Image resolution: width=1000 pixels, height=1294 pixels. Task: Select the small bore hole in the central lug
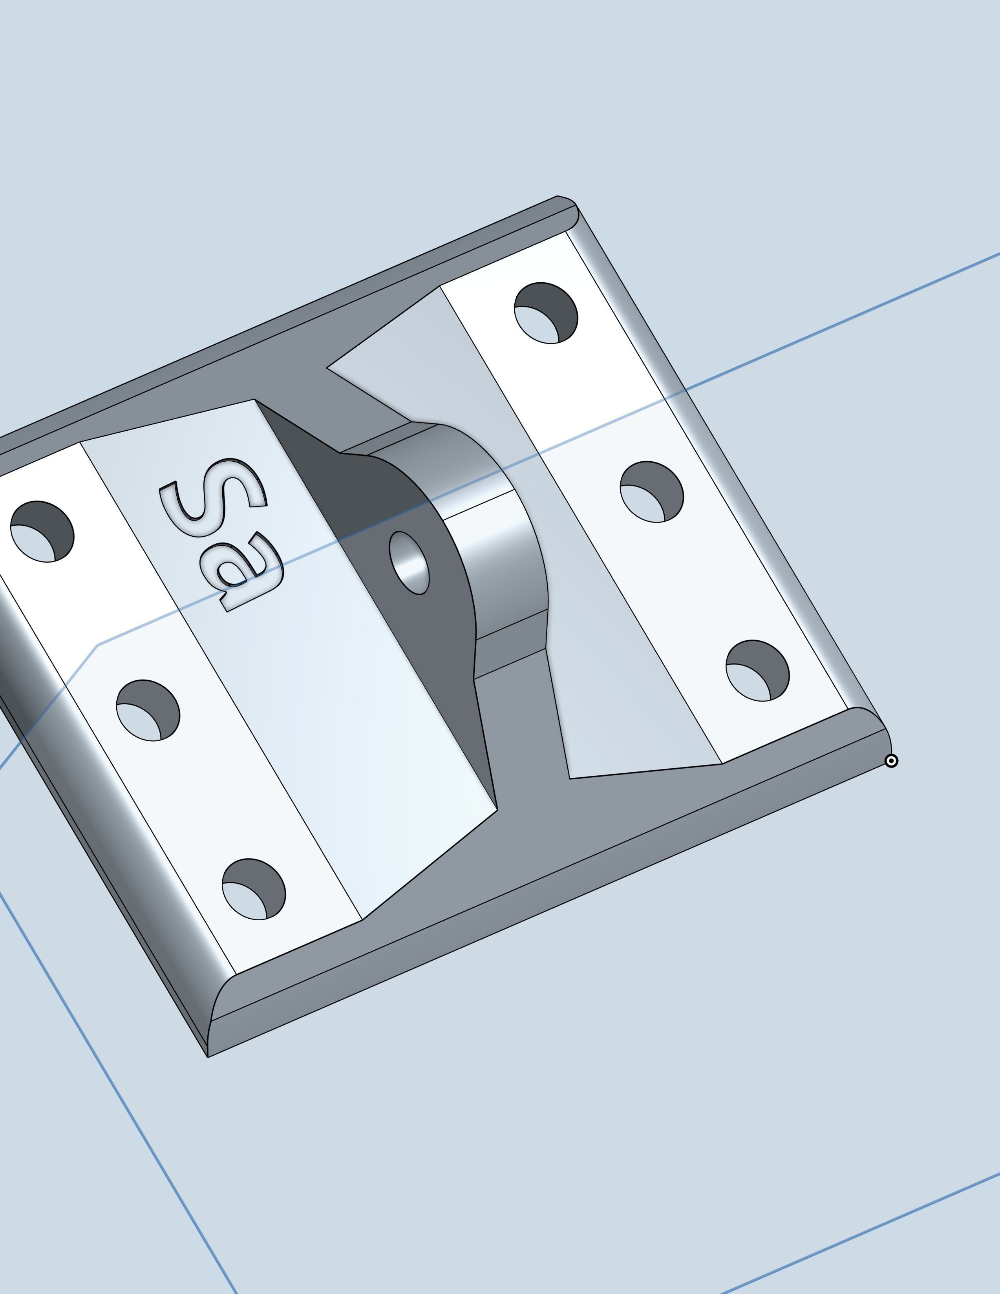410,563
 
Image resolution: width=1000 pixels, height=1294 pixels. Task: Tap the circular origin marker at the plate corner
891,761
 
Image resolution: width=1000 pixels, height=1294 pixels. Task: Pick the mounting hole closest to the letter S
42,532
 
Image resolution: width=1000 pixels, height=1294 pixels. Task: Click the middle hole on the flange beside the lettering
148,710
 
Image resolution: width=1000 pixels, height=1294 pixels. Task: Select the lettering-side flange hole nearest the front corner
254,889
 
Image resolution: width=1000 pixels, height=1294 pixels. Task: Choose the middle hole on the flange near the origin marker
652,492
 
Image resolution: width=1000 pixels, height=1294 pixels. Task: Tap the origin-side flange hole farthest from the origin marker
546,313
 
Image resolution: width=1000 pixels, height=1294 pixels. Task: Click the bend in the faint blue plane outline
98,645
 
